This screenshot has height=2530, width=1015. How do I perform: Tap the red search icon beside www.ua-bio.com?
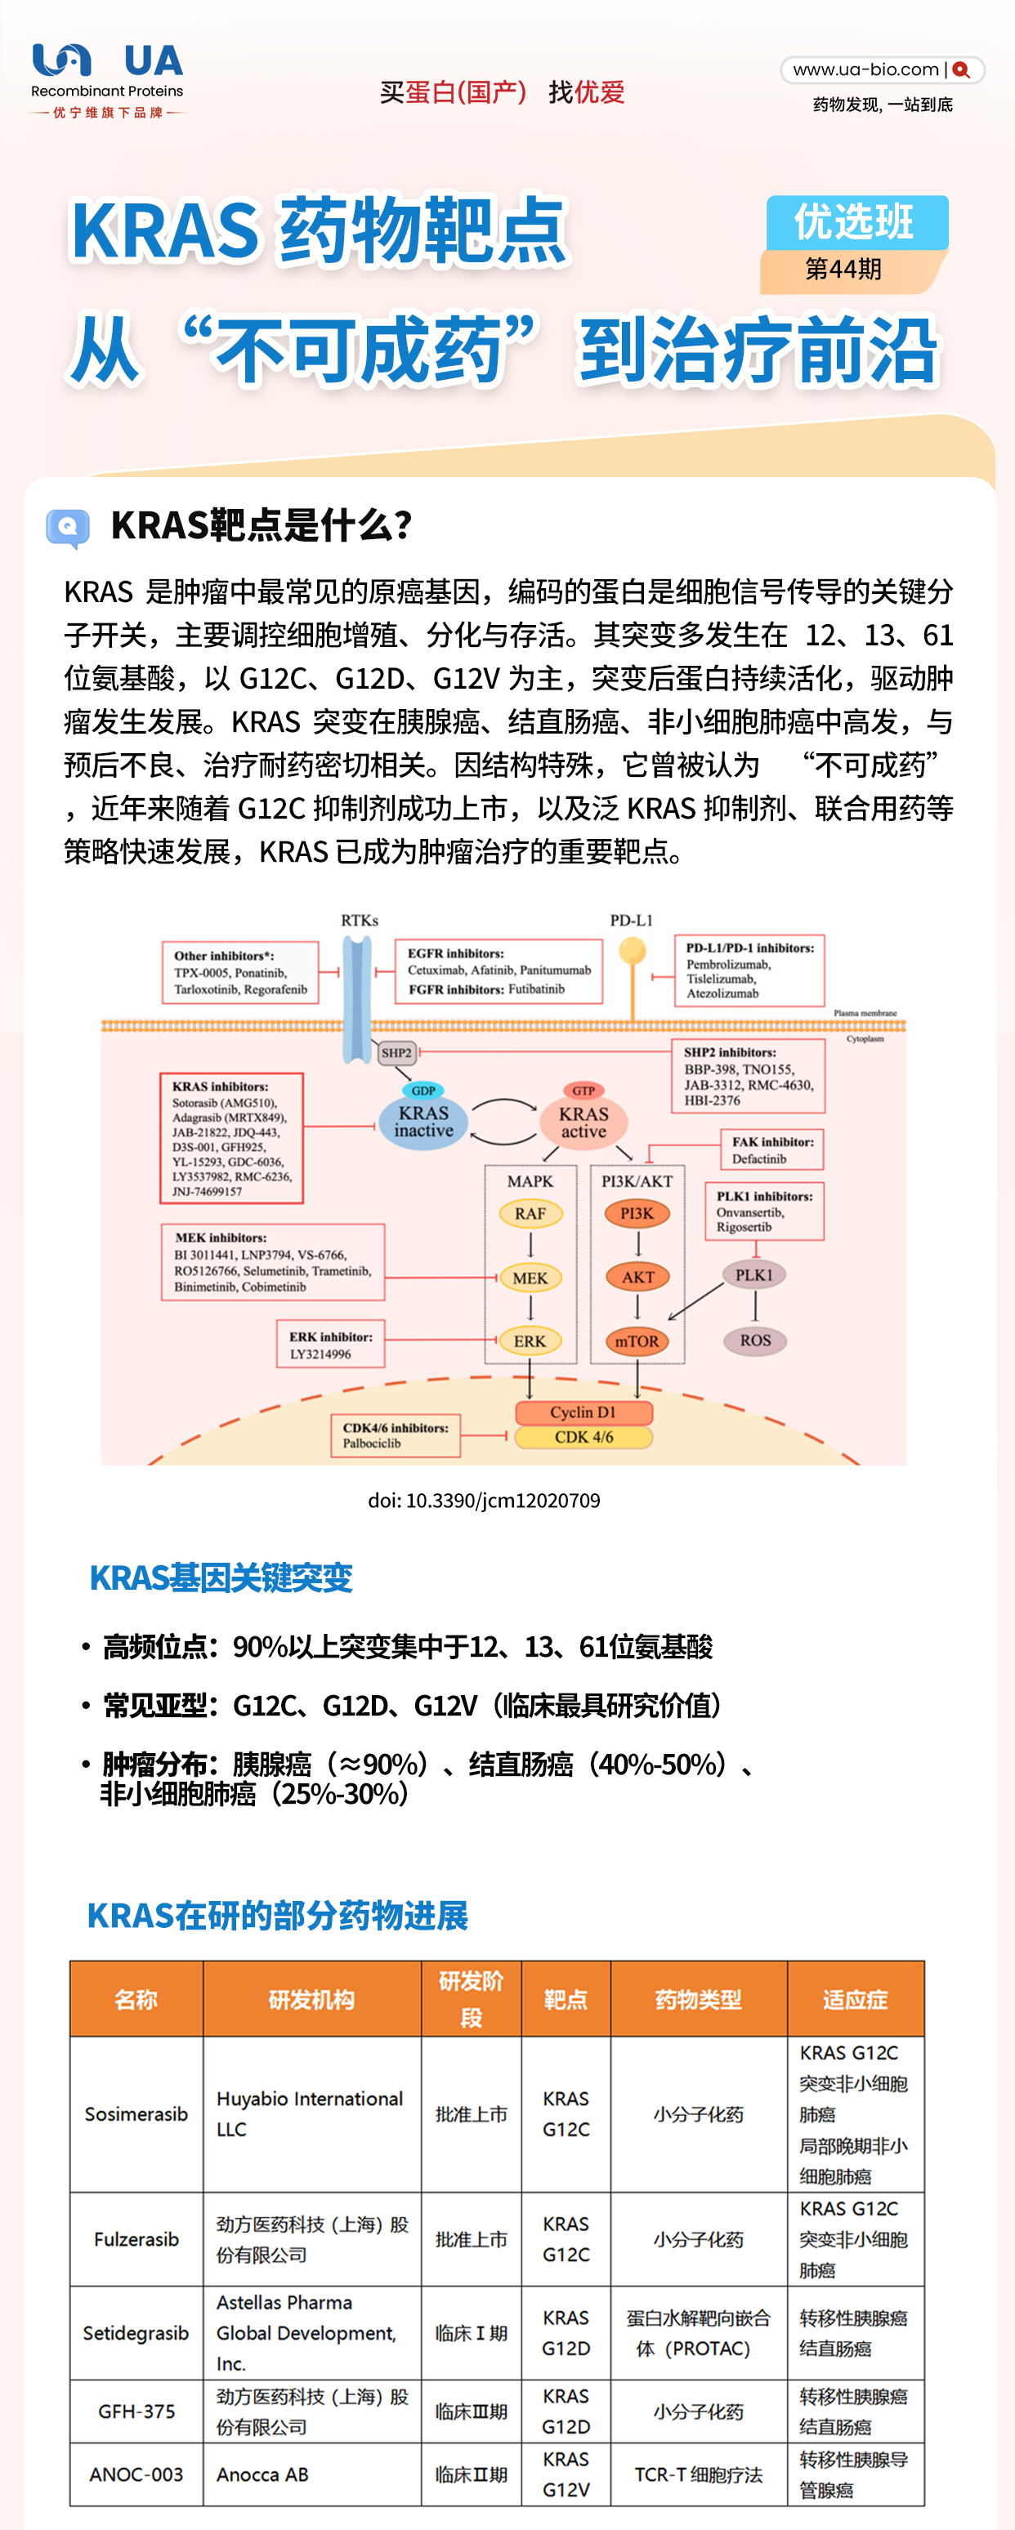pyautogui.click(x=961, y=69)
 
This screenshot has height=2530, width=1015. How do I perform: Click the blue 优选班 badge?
pyautogui.click(x=856, y=222)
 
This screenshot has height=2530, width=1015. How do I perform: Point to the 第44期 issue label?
pyautogui.click(x=843, y=269)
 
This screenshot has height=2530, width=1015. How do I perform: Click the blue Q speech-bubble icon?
pyautogui.click(x=68, y=528)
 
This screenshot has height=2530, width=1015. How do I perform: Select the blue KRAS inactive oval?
pyautogui.click(x=423, y=1122)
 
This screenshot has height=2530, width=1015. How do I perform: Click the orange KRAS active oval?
pyautogui.click(x=584, y=1122)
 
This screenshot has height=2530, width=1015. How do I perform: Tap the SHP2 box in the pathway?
pyautogui.click(x=396, y=1053)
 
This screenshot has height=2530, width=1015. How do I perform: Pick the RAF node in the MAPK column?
pyautogui.click(x=530, y=1214)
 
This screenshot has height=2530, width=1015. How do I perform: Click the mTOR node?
pyautogui.click(x=637, y=1341)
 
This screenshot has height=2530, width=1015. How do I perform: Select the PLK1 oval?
pyautogui.click(x=754, y=1275)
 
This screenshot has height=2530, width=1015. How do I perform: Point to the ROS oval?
pyautogui.click(x=754, y=1341)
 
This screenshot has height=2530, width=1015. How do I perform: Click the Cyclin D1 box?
pyautogui.click(x=583, y=1412)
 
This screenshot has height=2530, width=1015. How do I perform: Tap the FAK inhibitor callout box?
pyautogui.click(x=772, y=1150)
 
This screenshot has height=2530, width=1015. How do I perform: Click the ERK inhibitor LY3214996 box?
pyautogui.click(x=330, y=1345)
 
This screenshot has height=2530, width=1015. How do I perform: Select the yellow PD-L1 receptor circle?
pyautogui.click(x=633, y=951)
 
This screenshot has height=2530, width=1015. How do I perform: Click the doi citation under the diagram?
pyautogui.click(x=484, y=1501)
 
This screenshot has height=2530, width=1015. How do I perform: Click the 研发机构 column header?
pyautogui.click(x=311, y=2000)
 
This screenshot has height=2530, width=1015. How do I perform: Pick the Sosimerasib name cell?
pyautogui.click(x=136, y=2113)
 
